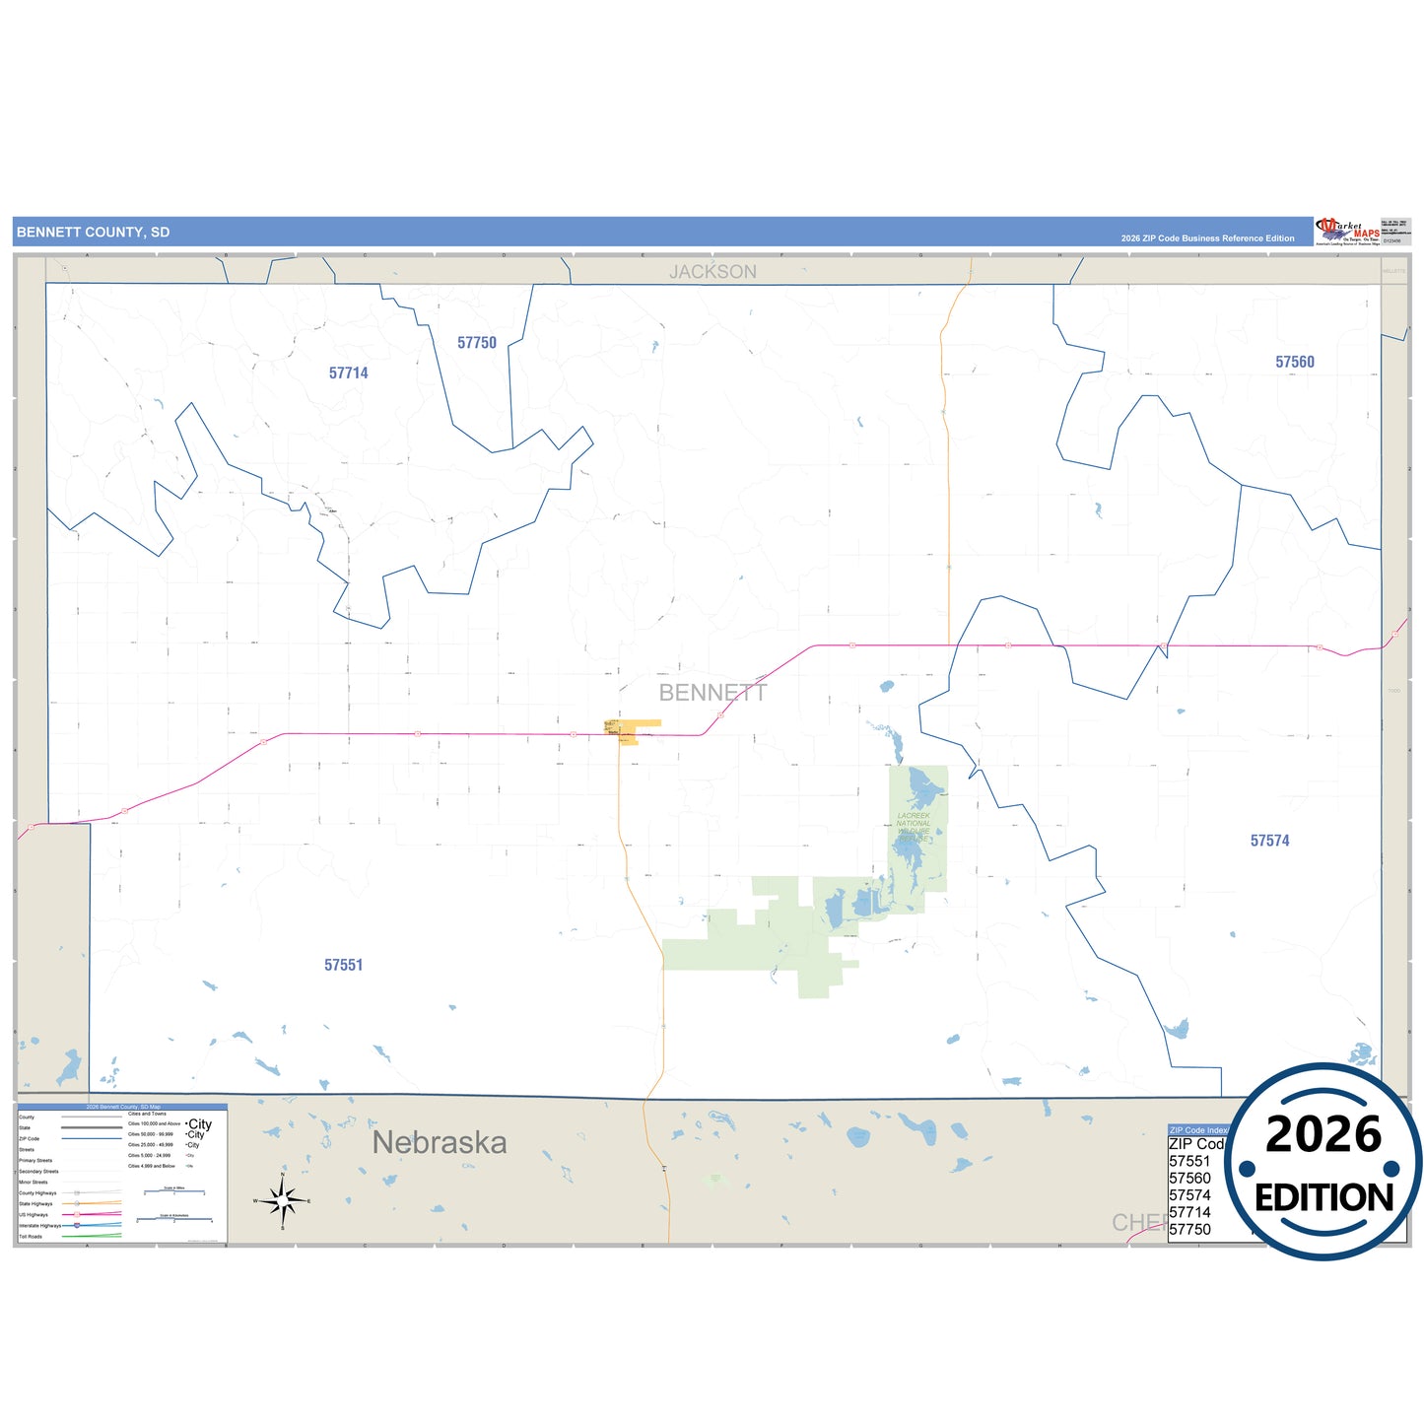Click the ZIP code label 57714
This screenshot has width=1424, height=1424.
tap(349, 373)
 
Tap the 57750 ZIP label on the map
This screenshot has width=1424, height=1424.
tap(477, 343)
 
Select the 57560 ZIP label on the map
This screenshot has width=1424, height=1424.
tap(1295, 362)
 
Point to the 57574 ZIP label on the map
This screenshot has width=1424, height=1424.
tap(1269, 841)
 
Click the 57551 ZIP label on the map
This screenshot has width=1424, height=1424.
tap(344, 965)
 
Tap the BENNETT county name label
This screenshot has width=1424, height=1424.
tap(712, 693)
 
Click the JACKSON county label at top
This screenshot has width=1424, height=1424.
tap(712, 272)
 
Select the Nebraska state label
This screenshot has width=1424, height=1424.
tap(440, 1142)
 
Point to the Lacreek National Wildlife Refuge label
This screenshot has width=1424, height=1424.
tap(914, 827)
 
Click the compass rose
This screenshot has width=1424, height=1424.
tap(283, 1200)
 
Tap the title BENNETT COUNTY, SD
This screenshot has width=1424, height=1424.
tap(93, 233)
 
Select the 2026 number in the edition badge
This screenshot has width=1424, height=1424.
tap(1323, 1134)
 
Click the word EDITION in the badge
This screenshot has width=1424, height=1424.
tap(1323, 1197)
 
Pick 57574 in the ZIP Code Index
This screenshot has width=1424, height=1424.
tap(1189, 1195)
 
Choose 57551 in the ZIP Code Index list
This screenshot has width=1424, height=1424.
tap(1189, 1161)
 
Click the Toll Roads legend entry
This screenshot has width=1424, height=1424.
tap(31, 1236)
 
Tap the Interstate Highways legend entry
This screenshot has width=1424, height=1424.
tap(39, 1225)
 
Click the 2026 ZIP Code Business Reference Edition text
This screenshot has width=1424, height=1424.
tap(1207, 238)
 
